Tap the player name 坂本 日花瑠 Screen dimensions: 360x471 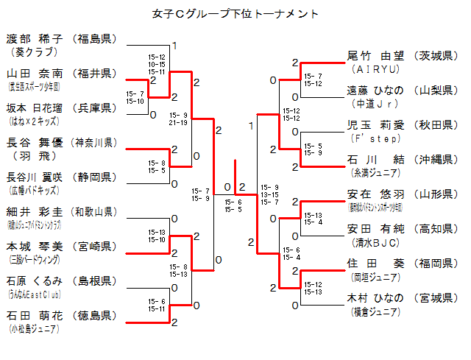(x=35, y=107)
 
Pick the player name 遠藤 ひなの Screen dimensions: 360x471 (x=375, y=90)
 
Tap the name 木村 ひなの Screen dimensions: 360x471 (x=375, y=297)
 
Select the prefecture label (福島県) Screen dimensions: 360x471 (x=95, y=38)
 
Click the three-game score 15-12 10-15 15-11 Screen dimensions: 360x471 (x=157, y=64)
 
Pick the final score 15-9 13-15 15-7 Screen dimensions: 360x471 (x=270, y=194)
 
